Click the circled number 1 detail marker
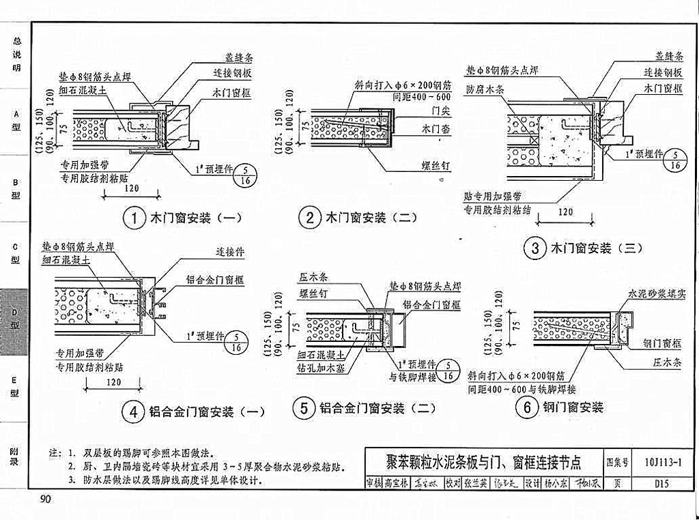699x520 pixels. (x=134, y=218)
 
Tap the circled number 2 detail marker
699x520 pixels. (x=310, y=218)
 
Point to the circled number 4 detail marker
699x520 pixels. (x=134, y=411)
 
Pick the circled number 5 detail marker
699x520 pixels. (x=304, y=408)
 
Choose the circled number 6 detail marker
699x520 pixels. (x=526, y=407)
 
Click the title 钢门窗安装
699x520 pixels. (x=573, y=407)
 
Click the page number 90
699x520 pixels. (x=46, y=501)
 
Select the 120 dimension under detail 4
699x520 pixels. (x=114, y=382)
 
